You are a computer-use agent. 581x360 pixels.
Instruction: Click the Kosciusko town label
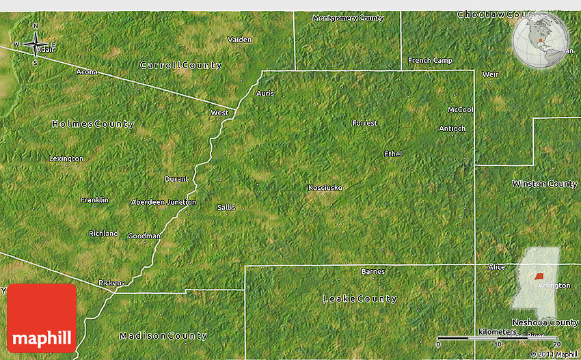coord(325,187)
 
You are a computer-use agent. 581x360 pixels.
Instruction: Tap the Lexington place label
coord(66,158)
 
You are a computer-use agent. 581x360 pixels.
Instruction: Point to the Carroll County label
coord(181,66)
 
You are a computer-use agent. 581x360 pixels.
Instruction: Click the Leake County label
coord(360,299)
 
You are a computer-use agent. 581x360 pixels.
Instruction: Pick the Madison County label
coord(163,335)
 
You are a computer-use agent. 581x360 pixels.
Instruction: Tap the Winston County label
coord(545,184)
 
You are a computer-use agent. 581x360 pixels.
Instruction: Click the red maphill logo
coord(42,318)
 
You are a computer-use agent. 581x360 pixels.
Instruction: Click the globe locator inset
coord(541,41)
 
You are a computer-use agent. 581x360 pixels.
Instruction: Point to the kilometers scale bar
coord(498,339)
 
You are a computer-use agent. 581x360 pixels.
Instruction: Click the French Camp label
coord(430,60)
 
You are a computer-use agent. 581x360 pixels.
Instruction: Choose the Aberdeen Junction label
coord(163,202)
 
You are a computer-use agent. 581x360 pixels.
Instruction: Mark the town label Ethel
coord(393,154)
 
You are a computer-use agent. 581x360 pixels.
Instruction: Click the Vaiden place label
coord(239,40)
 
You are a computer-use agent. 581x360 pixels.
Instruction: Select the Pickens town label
coord(111,282)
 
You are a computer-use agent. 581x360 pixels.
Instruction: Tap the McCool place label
coord(461,109)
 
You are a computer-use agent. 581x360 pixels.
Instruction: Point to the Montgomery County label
coord(348,18)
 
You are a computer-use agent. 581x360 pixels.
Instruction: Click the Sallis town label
coord(226,207)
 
